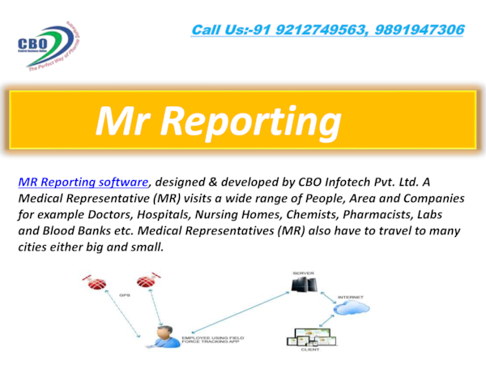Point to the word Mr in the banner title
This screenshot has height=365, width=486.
pos(119,122)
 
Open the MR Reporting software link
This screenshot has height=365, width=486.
pos(83,182)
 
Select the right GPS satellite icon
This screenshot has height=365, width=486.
pos(146,282)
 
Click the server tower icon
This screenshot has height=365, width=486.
pos(301,284)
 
